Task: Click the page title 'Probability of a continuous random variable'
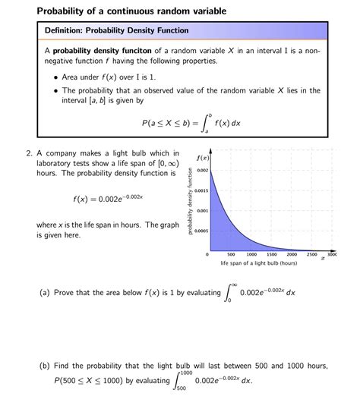click(121, 11)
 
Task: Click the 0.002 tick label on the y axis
click(201, 171)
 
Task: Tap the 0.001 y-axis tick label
click(202, 210)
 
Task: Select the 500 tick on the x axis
click(232, 255)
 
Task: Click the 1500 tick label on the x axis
click(272, 255)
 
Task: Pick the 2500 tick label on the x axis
click(311, 255)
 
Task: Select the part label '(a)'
click(45, 293)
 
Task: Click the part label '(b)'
click(45, 365)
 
